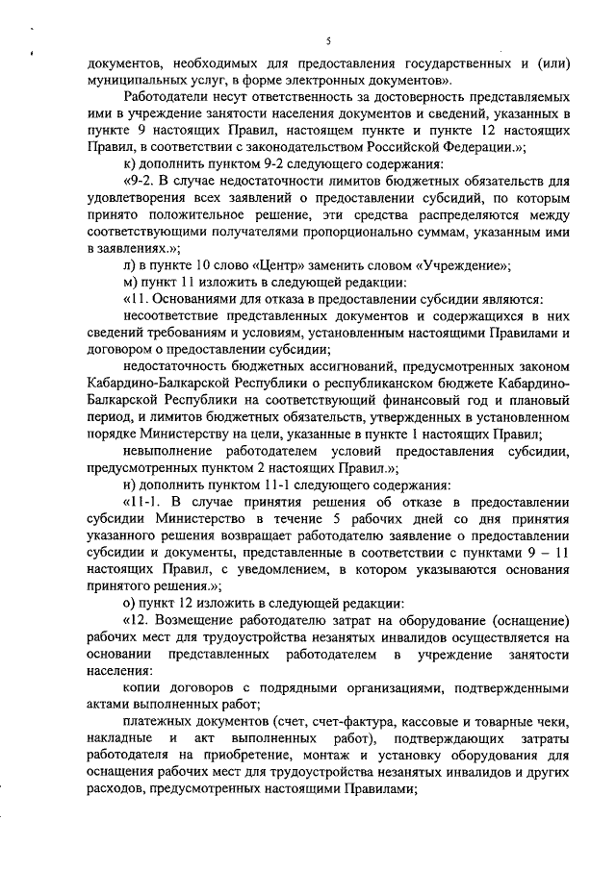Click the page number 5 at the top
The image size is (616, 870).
(328, 40)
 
